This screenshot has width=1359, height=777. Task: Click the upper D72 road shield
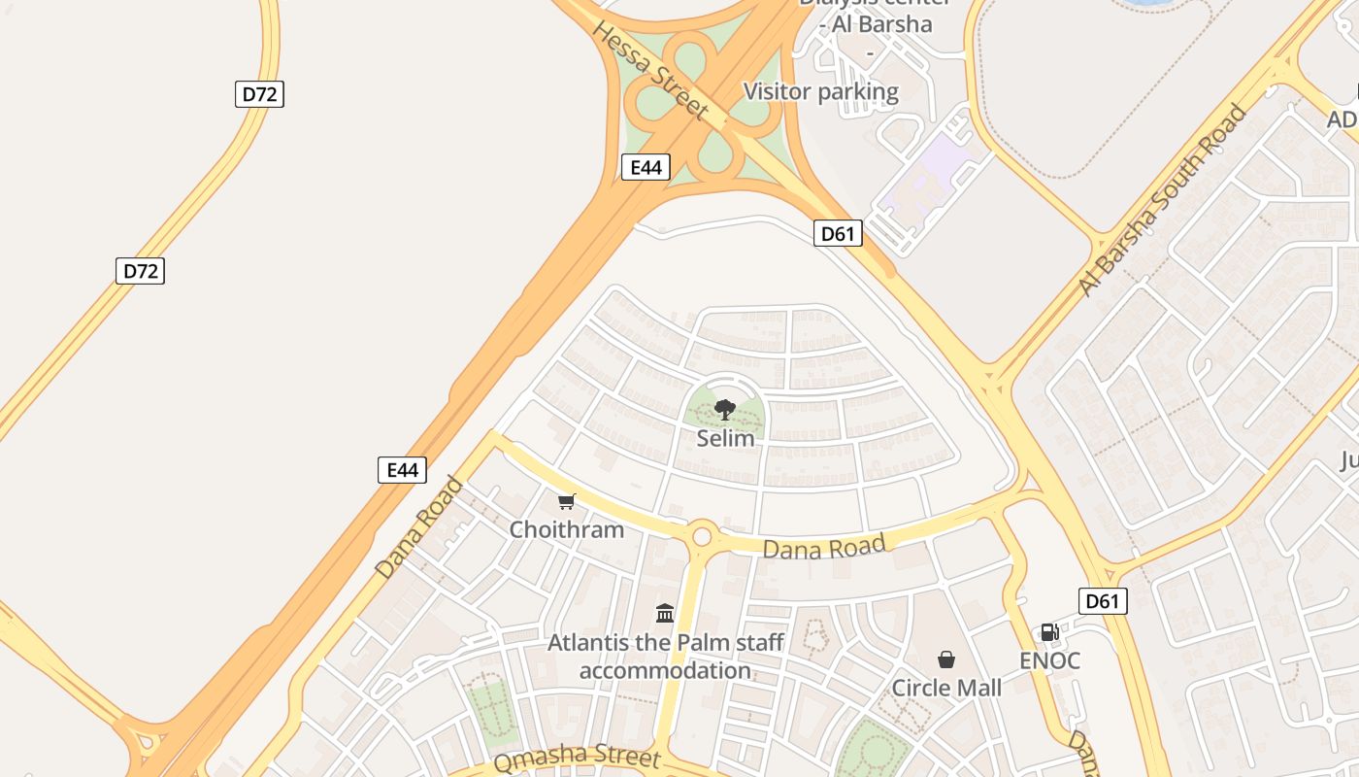click(259, 94)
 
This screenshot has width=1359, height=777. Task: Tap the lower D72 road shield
click(140, 271)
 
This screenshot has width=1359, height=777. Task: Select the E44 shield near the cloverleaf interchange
click(646, 167)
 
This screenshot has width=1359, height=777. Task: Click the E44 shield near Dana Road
click(402, 470)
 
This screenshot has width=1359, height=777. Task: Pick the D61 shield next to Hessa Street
click(837, 233)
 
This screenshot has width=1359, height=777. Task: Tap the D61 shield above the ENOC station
click(1103, 601)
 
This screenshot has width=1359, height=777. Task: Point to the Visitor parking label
click(821, 92)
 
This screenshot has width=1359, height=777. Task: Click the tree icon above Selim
click(724, 410)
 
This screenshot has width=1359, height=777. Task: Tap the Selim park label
click(725, 438)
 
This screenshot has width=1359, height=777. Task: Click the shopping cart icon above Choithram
click(567, 502)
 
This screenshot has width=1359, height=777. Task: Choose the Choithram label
click(567, 529)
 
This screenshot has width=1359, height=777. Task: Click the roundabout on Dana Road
click(702, 535)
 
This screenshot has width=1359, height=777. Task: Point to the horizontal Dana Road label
click(824, 548)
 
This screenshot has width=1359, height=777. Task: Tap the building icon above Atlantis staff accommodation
click(665, 613)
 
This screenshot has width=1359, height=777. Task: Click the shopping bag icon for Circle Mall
click(946, 660)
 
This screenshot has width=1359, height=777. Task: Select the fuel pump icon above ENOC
click(1049, 632)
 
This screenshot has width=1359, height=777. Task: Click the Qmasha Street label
click(577, 759)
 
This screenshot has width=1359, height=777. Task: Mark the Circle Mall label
click(946, 688)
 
